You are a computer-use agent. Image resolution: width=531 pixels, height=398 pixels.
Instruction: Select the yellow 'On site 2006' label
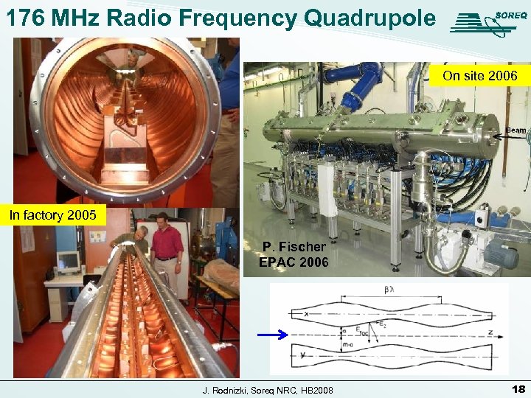[x=480, y=75]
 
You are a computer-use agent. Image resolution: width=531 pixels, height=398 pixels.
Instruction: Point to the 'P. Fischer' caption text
[x=294, y=247]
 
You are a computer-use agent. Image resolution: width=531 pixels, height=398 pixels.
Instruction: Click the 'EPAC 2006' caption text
[x=294, y=261]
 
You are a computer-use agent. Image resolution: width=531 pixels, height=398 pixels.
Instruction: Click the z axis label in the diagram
[x=489, y=332]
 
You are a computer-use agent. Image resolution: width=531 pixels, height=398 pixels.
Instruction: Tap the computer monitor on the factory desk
[x=68, y=262]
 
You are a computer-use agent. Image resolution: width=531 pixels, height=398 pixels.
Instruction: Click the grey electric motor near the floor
[x=501, y=254]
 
